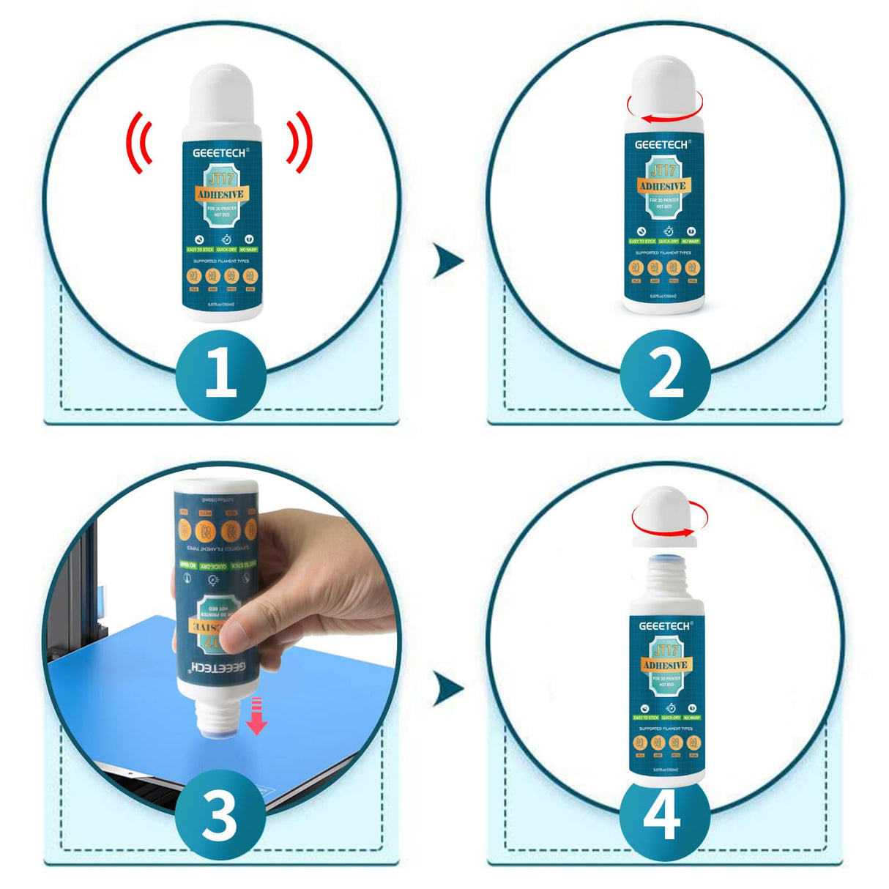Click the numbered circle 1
pos(220,374)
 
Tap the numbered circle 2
pos(665,374)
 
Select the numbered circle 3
pos(220,816)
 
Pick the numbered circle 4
pos(665,816)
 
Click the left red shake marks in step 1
pos(138,143)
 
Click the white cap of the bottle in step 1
pos(221,99)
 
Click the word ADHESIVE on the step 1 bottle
pos(221,195)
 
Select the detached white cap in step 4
pos(663,516)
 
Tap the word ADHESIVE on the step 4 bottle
pos(665,665)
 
